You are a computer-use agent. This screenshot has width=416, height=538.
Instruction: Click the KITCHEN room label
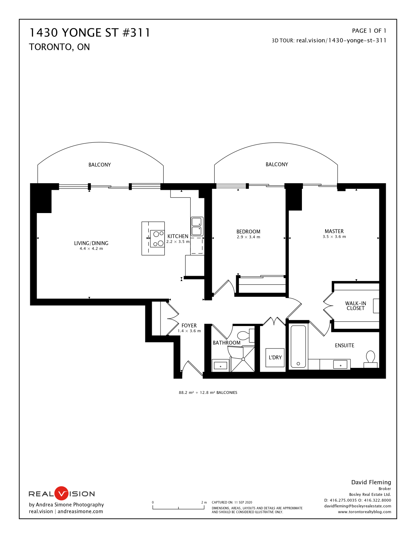click(x=177, y=236)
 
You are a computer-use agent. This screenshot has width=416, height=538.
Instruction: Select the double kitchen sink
click(x=197, y=226)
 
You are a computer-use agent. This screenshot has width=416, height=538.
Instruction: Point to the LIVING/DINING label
click(x=91, y=243)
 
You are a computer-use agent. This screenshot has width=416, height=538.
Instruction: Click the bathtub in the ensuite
click(x=298, y=346)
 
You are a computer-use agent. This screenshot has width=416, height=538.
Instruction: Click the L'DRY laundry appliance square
click(x=275, y=358)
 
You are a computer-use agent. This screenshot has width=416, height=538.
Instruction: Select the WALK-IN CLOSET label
click(x=356, y=306)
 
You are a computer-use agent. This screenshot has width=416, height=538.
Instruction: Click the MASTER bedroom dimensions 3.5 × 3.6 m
click(x=334, y=237)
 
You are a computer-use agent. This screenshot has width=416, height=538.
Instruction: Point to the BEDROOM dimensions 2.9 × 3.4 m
click(x=248, y=237)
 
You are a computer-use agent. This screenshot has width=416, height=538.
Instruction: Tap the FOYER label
click(x=189, y=326)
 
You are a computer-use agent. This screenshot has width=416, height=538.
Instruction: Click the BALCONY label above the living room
click(x=99, y=165)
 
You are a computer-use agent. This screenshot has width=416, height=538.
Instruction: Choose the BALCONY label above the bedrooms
click(x=277, y=165)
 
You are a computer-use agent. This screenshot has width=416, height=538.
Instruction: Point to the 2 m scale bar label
click(x=204, y=502)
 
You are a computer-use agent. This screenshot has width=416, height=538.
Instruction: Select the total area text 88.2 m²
click(x=186, y=393)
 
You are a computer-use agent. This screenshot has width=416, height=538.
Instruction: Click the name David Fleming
click(x=371, y=482)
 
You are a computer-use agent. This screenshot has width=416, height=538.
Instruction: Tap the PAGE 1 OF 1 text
click(x=369, y=31)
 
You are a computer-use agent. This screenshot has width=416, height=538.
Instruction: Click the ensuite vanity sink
click(x=340, y=364)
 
